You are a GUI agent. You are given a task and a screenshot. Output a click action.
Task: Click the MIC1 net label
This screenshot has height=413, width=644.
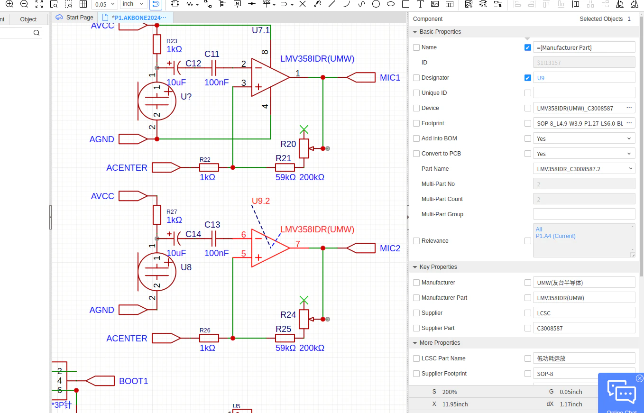pyautogui.click(x=390, y=78)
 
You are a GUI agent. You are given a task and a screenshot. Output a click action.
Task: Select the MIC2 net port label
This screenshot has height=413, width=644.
pyautogui.click(x=390, y=248)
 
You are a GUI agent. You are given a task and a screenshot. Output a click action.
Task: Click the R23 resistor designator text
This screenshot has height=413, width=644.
pyautogui.click(x=172, y=41)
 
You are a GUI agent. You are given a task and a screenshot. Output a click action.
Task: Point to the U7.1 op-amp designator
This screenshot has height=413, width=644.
pyautogui.click(x=261, y=30)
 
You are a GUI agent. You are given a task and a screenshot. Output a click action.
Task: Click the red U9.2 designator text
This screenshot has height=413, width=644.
pyautogui.click(x=261, y=201)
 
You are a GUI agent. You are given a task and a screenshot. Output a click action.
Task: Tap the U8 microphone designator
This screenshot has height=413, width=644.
pyautogui.click(x=186, y=267)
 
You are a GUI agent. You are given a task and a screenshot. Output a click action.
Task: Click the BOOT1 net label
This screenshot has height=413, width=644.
pyautogui.click(x=133, y=381)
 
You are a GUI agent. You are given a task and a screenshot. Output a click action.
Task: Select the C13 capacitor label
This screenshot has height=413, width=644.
pyautogui.click(x=212, y=224)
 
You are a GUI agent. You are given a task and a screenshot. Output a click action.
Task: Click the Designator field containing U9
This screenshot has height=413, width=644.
pyautogui.click(x=584, y=78)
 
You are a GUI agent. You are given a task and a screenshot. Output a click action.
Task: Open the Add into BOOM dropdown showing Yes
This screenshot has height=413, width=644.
pyautogui.click(x=584, y=138)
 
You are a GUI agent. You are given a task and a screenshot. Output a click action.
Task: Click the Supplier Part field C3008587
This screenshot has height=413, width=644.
pyautogui.click(x=584, y=328)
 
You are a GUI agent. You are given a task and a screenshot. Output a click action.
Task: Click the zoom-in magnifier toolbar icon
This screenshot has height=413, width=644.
pyautogui.click(x=9, y=4)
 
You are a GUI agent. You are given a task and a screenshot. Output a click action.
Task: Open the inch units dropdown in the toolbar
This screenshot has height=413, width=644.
pyautogui.click(x=133, y=4)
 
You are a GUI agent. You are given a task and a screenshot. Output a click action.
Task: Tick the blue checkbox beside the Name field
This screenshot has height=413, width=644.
pyautogui.click(x=527, y=47)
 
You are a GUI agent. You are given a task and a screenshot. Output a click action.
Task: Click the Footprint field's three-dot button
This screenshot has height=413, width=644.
pyautogui.click(x=629, y=123)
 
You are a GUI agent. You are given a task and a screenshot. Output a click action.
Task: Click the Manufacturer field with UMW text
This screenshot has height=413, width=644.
pyautogui.click(x=584, y=283)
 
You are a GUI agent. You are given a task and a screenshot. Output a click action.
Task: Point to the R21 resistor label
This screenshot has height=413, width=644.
pyautogui.click(x=283, y=158)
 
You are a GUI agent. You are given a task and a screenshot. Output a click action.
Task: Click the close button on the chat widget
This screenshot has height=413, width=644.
pyautogui.click(x=639, y=378)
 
